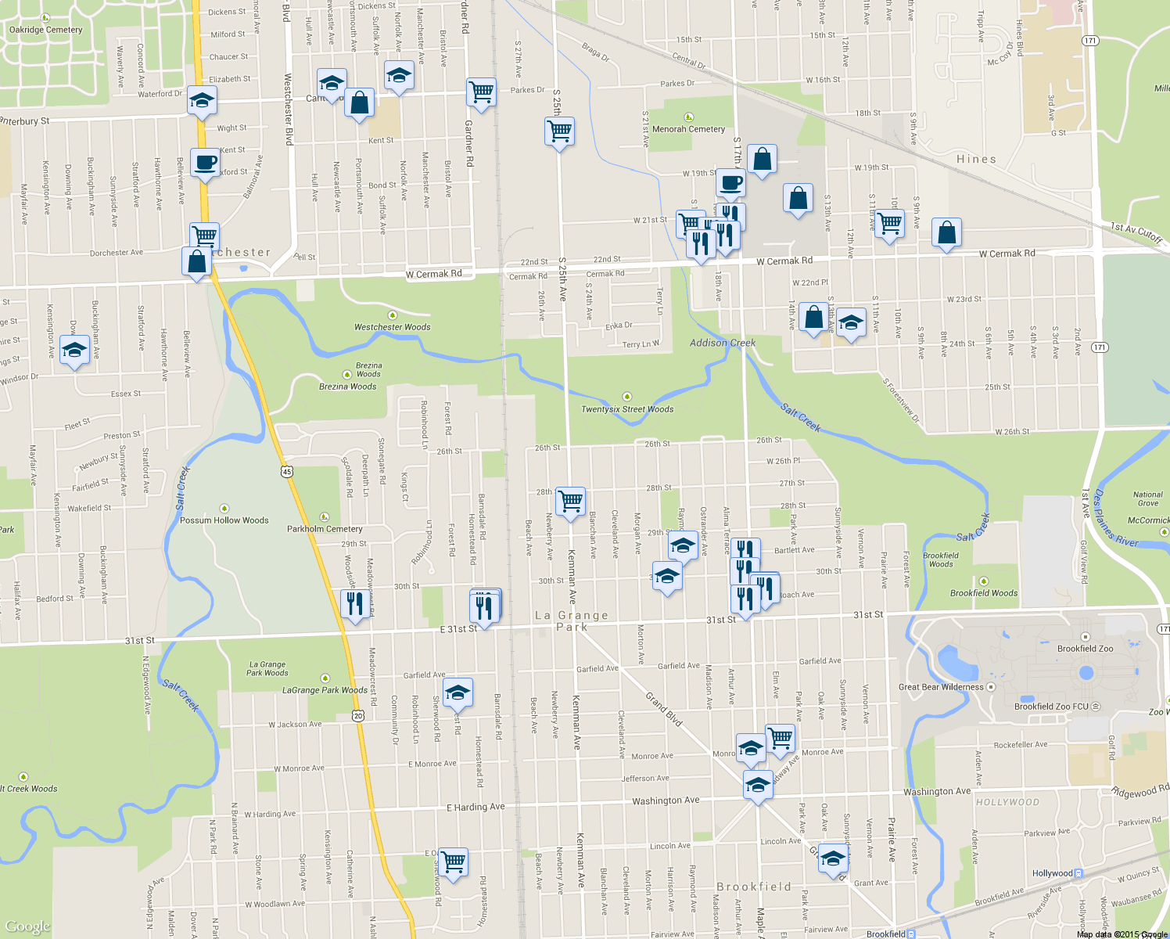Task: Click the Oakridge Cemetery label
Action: pos(45,30)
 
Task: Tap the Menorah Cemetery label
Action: pos(688,129)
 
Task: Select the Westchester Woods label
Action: pos(392,327)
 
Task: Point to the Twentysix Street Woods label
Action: pos(627,409)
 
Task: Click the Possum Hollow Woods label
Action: pos(224,520)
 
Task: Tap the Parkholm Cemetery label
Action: pos(325,529)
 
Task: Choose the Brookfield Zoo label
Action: pos(1085,649)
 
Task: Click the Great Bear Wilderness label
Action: pos(941,687)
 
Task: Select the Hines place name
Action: pos(976,159)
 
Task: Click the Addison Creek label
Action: pos(723,343)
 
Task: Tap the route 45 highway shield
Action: pos(287,471)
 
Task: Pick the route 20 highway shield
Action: pos(357,715)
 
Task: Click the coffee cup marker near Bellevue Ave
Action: pos(205,164)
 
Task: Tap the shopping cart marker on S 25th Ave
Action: pos(559,131)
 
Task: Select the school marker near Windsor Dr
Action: pos(74,351)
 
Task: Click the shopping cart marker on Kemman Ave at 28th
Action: pos(571,502)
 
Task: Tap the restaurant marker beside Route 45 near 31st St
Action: pos(355,604)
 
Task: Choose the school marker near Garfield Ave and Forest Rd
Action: pos(458,693)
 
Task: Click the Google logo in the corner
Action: pos(27,926)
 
